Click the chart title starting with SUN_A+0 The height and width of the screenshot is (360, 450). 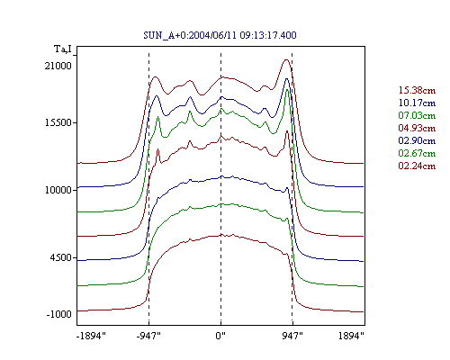[x=220, y=35]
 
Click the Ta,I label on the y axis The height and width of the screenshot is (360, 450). [x=63, y=49]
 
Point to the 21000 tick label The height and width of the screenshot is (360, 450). [x=58, y=66]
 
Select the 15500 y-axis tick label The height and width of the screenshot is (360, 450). [x=58, y=122]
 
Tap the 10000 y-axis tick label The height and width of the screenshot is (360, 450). [x=58, y=190]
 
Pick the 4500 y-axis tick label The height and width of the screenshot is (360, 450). [x=61, y=257]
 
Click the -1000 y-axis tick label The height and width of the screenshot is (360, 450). [x=59, y=314]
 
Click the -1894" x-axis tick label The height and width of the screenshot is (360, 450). [x=92, y=336]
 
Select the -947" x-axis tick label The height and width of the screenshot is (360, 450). [x=148, y=336]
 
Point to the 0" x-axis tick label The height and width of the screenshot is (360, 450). [x=220, y=336]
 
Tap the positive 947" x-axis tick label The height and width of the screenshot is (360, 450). [x=292, y=336]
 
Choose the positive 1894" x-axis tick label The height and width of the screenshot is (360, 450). [x=351, y=336]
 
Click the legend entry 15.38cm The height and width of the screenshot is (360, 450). [x=417, y=90]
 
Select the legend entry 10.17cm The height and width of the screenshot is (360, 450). [x=417, y=103]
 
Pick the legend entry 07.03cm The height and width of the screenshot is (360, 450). [x=417, y=115]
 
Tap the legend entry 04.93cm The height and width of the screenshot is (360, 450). [x=417, y=128]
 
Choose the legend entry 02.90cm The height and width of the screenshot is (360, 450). [x=417, y=140]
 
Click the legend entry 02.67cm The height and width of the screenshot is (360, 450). [x=417, y=153]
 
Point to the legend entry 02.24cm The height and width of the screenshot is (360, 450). [x=417, y=166]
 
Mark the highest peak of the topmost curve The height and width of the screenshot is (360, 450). [x=286, y=59]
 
